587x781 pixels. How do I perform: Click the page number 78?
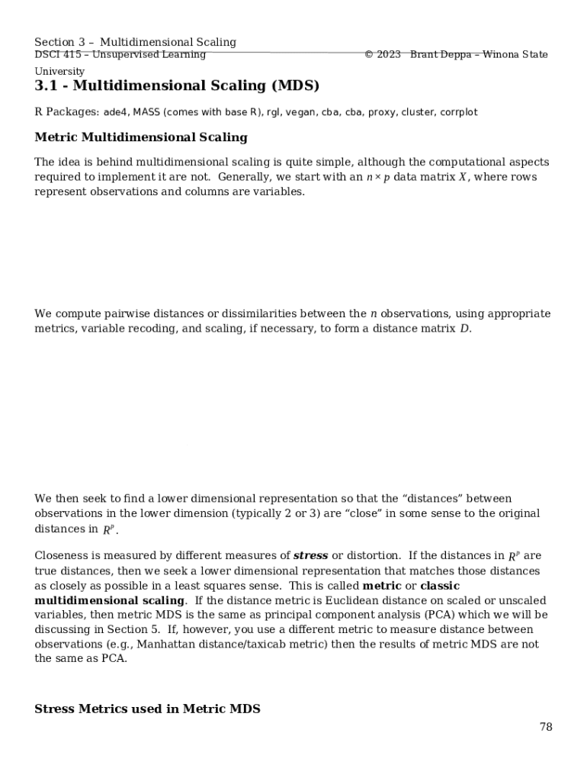[546, 727]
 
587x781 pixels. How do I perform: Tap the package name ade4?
[115, 112]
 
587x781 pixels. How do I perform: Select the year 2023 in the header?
[388, 55]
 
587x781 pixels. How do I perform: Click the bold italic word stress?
[310, 556]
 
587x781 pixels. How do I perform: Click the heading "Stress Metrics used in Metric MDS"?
[147, 709]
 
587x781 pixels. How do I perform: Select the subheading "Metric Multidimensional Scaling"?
[141, 137]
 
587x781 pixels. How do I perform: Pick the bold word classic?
[440, 586]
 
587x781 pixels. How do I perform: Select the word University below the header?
[59, 71]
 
